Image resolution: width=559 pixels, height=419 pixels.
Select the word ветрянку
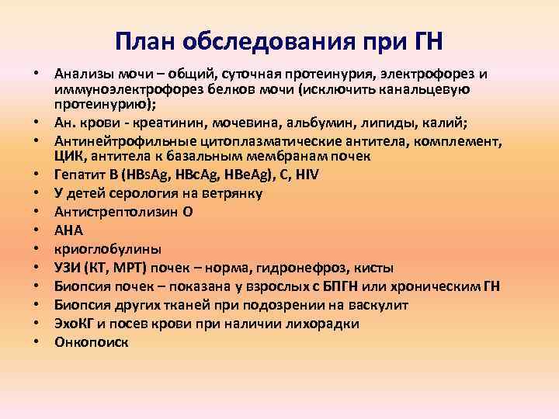tap(229, 192)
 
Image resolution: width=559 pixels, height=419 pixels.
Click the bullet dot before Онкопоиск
tap(36, 342)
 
